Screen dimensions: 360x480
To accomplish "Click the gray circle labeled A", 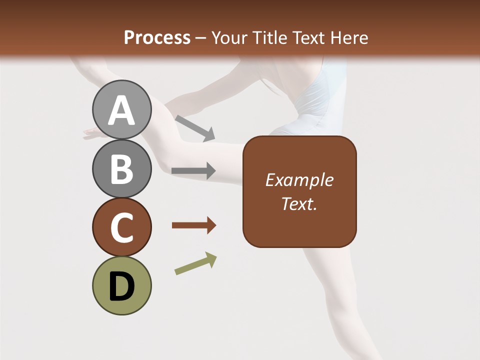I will click(121, 109).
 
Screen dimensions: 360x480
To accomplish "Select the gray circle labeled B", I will click(121, 168).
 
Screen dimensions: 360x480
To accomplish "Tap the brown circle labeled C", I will click(121, 227).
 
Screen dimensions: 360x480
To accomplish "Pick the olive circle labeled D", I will click(121, 285).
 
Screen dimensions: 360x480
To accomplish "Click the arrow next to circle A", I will click(194, 128).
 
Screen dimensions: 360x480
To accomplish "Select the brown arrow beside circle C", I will click(193, 225).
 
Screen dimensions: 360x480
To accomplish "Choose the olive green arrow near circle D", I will click(195, 263).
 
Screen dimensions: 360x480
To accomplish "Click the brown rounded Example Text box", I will click(299, 191).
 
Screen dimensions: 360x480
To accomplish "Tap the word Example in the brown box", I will click(299, 180).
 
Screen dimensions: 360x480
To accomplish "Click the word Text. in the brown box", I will click(299, 203).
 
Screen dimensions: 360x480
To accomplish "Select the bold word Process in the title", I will click(157, 37).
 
